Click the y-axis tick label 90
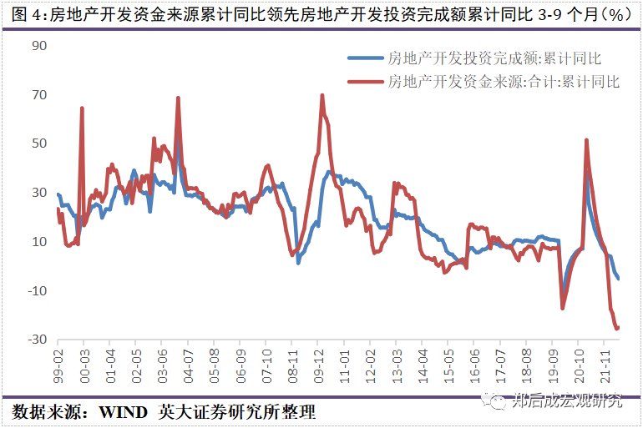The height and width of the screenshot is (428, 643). point(38,45)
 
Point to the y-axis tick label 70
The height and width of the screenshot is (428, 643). point(38,94)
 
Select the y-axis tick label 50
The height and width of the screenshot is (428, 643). point(38,144)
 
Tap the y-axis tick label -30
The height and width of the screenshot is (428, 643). point(36,340)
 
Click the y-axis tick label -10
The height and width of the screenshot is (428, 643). point(36,290)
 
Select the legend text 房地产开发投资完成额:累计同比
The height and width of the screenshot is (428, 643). point(495,58)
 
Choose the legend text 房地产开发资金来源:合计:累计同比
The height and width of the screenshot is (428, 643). point(504,81)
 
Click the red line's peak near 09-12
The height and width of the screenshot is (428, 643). point(322,95)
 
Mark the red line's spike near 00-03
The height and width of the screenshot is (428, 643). point(82,108)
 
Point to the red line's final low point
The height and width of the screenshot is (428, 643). point(617,329)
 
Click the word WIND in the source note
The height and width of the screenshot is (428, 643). point(124,413)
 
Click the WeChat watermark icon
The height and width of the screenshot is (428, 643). point(498,401)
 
